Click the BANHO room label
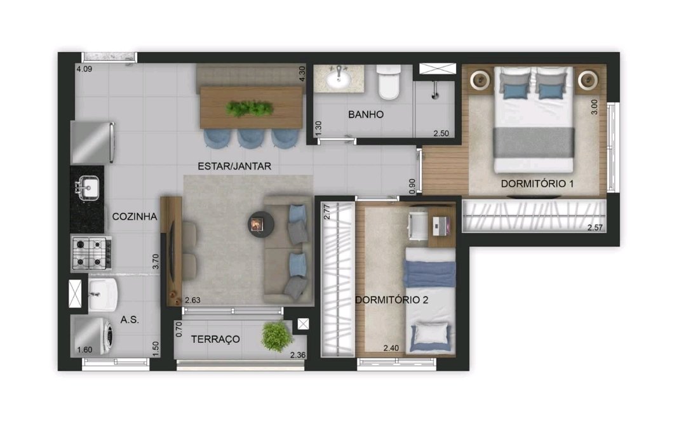(x=366, y=114)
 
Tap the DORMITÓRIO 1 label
(x=537, y=183)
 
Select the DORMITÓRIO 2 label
(x=391, y=300)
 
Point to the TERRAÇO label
(x=215, y=339)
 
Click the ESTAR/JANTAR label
(x=234, y=166)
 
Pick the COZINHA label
(x=134, y=217)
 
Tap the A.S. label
(x=130, y=320)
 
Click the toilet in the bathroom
(x=389, y=82)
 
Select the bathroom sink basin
(x=338, y=79)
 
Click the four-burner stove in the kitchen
(x=91, y=253)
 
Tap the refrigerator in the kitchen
(x=93, y=143)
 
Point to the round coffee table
(x=261, y=225)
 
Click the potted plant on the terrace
(x=276, y=336)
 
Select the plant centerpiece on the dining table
(x=250, y=108)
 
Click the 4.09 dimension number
(x=84, y=69)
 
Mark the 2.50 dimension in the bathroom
(x=441, y=133)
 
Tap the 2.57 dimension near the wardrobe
(x=595, y=227)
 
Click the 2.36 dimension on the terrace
(x=298, y=355)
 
